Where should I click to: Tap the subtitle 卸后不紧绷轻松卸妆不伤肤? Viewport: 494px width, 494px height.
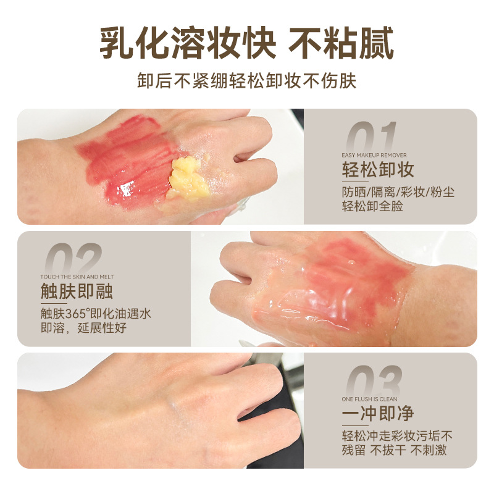pyautogui.click(x=247, y=81)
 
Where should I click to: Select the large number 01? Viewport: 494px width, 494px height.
pyautogui.click(x=371, y=136)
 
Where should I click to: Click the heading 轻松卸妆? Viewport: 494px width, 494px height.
pyautogui.click(x=377, y=170)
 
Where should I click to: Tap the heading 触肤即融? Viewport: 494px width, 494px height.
pyautogui.click(x=77, y=291)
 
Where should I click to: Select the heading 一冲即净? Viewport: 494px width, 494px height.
pyautogui.click(x=377, y=413)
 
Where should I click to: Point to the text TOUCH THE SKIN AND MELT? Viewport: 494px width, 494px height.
pyautogui.click(x=77, y=277)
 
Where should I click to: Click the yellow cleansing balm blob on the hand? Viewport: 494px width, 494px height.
pyautogui.click(x=187, y=178)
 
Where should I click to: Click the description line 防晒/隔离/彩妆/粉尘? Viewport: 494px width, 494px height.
pyautogui.click(x=398, y=191)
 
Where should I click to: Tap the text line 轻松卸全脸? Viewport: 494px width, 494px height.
pyautogui.click(x=372, y=206)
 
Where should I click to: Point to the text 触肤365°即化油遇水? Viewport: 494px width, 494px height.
pyautogui.click(x=96, y=313)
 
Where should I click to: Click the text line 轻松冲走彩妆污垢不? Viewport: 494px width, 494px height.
pyautogui.click(x=398, y=435)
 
